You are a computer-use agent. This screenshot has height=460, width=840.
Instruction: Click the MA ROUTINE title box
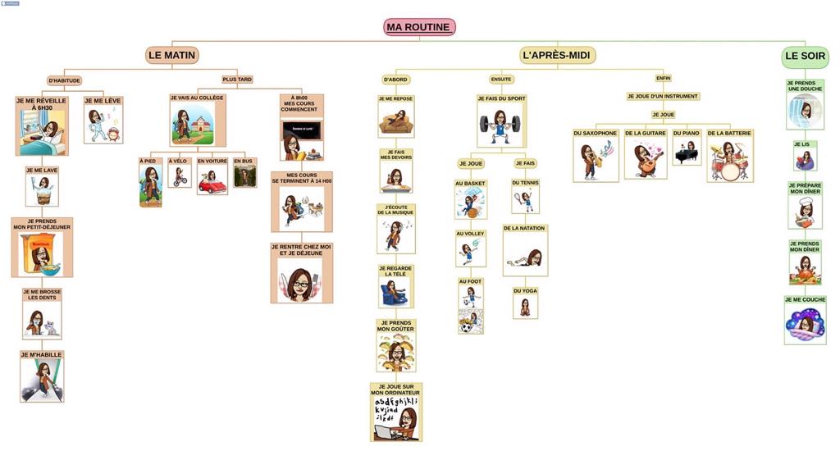coord(419,27)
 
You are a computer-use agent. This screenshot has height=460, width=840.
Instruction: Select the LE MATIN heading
coord(172,56)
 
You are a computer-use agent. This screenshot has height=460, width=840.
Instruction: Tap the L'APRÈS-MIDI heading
coord(558,56)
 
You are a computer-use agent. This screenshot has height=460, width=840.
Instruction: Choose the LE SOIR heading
coord(804,57)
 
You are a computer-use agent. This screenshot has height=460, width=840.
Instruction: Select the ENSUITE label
coord(501,80)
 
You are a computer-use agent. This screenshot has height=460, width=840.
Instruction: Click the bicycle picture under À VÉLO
coord(180,178)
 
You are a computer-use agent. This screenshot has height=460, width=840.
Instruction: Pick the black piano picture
coord(687,152)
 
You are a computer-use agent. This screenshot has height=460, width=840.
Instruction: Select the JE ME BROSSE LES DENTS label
coord(42,294)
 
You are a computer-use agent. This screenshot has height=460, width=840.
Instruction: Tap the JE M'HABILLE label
coord(42,355)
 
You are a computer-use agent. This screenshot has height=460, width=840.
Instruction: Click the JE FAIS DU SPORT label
coord(501,98)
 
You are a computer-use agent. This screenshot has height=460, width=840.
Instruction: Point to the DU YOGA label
coord(525,291)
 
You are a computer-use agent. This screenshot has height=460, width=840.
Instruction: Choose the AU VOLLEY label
coord(471,234)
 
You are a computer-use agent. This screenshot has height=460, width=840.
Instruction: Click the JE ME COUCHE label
coord(805,300)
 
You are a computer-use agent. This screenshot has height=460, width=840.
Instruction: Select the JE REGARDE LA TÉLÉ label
coord(395,271)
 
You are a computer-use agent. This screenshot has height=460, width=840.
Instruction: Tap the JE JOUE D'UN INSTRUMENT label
coord(663,96)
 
